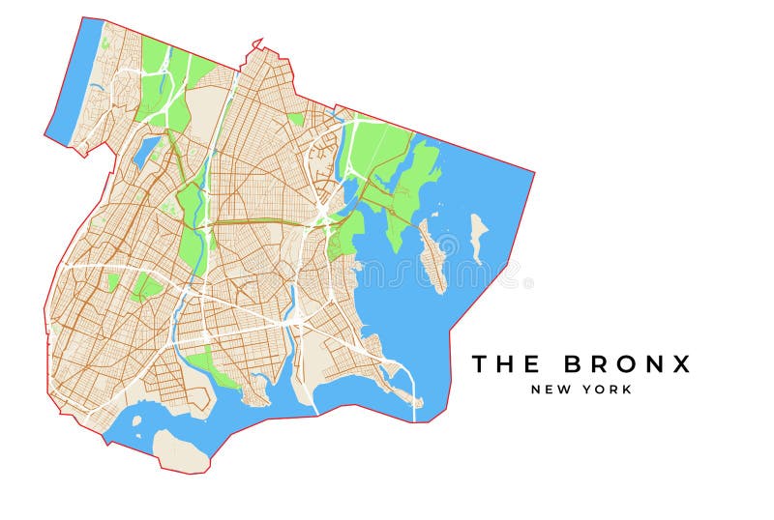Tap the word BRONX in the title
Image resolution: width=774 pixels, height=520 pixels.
tap(628, 364)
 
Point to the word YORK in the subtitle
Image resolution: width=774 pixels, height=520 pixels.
tap(609, 390)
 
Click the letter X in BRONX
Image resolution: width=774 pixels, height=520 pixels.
tap(683, 364)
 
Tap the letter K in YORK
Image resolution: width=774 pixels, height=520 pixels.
tap(627, 390)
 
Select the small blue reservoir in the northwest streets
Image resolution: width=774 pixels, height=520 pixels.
tap(148, 150)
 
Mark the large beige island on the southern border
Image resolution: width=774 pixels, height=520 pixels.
tap(180, 448)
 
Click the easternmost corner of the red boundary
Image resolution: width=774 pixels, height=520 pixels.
tap(533, 173)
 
